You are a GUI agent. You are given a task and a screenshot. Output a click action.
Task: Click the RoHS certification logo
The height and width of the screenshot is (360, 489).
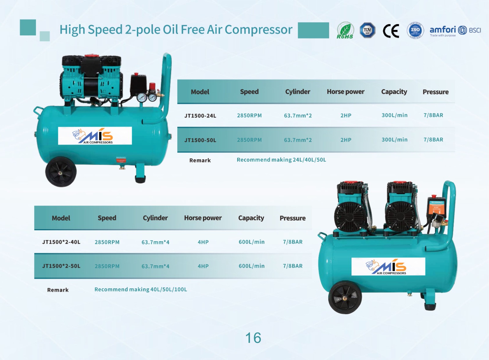click(345, 31)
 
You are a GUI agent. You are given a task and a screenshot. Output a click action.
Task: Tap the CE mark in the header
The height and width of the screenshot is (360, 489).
click(391, 31)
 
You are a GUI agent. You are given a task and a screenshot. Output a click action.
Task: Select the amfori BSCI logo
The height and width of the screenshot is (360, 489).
click(455, 31)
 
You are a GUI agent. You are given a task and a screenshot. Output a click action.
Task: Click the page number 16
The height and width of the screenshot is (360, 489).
click(253, 338)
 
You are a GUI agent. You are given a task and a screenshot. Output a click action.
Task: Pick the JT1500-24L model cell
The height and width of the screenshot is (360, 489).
click(200, 116)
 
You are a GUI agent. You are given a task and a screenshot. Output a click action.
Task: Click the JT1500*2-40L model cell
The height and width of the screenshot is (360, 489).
click(61, 242)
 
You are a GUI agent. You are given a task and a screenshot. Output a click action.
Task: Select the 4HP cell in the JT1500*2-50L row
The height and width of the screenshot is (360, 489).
click(203, 266)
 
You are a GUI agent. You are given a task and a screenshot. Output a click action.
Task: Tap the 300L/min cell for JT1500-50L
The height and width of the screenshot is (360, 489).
click(394, 140)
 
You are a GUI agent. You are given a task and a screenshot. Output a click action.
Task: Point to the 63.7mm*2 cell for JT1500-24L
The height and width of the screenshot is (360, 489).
click(298, 116)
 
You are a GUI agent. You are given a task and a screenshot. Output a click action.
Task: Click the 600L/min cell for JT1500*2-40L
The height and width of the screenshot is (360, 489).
click(252, 242)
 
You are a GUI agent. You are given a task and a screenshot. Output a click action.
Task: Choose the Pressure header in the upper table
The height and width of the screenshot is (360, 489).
click(436, 92)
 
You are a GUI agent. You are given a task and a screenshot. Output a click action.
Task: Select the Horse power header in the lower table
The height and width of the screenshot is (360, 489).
click(203, 218)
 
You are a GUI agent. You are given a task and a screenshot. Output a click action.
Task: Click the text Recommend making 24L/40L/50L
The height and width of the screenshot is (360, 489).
click(281, 160)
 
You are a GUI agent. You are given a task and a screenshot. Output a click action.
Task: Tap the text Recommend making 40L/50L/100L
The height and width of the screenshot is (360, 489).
click(141, 289)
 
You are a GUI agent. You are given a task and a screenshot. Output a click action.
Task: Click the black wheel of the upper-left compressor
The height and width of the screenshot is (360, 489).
click(61, 172)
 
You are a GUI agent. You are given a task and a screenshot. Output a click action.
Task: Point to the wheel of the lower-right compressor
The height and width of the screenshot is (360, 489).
click(345, 297)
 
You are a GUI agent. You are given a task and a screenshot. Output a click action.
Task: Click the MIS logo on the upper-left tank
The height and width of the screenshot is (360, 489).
click(95, 136)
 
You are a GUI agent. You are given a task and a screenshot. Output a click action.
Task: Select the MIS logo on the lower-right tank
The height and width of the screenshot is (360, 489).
click(388, 267)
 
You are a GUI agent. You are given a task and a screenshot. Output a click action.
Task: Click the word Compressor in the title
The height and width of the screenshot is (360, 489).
click(259, 30)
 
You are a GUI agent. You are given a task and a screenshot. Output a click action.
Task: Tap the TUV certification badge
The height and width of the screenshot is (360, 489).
click(367, 31)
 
